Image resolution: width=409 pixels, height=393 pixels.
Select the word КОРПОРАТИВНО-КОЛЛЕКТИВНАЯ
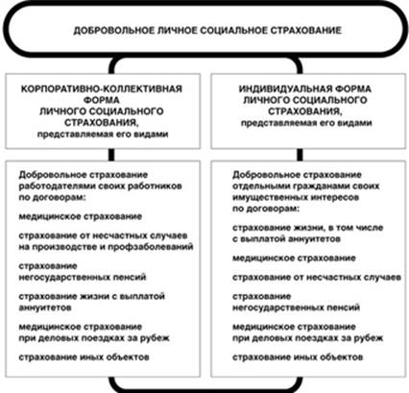click(x=102, y=88)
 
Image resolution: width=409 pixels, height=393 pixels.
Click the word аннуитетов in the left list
click(x=45, y=307)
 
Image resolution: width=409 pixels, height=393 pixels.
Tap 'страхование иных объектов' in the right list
click(x=298, y=357)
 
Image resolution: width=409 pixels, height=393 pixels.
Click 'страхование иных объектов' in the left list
click(x=84, y=357)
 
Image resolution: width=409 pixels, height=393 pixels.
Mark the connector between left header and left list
click(x=111, y=155)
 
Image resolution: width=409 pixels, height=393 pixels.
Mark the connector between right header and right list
click(x=300, y=155)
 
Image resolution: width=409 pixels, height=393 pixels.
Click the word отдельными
click(x=254, y=186)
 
